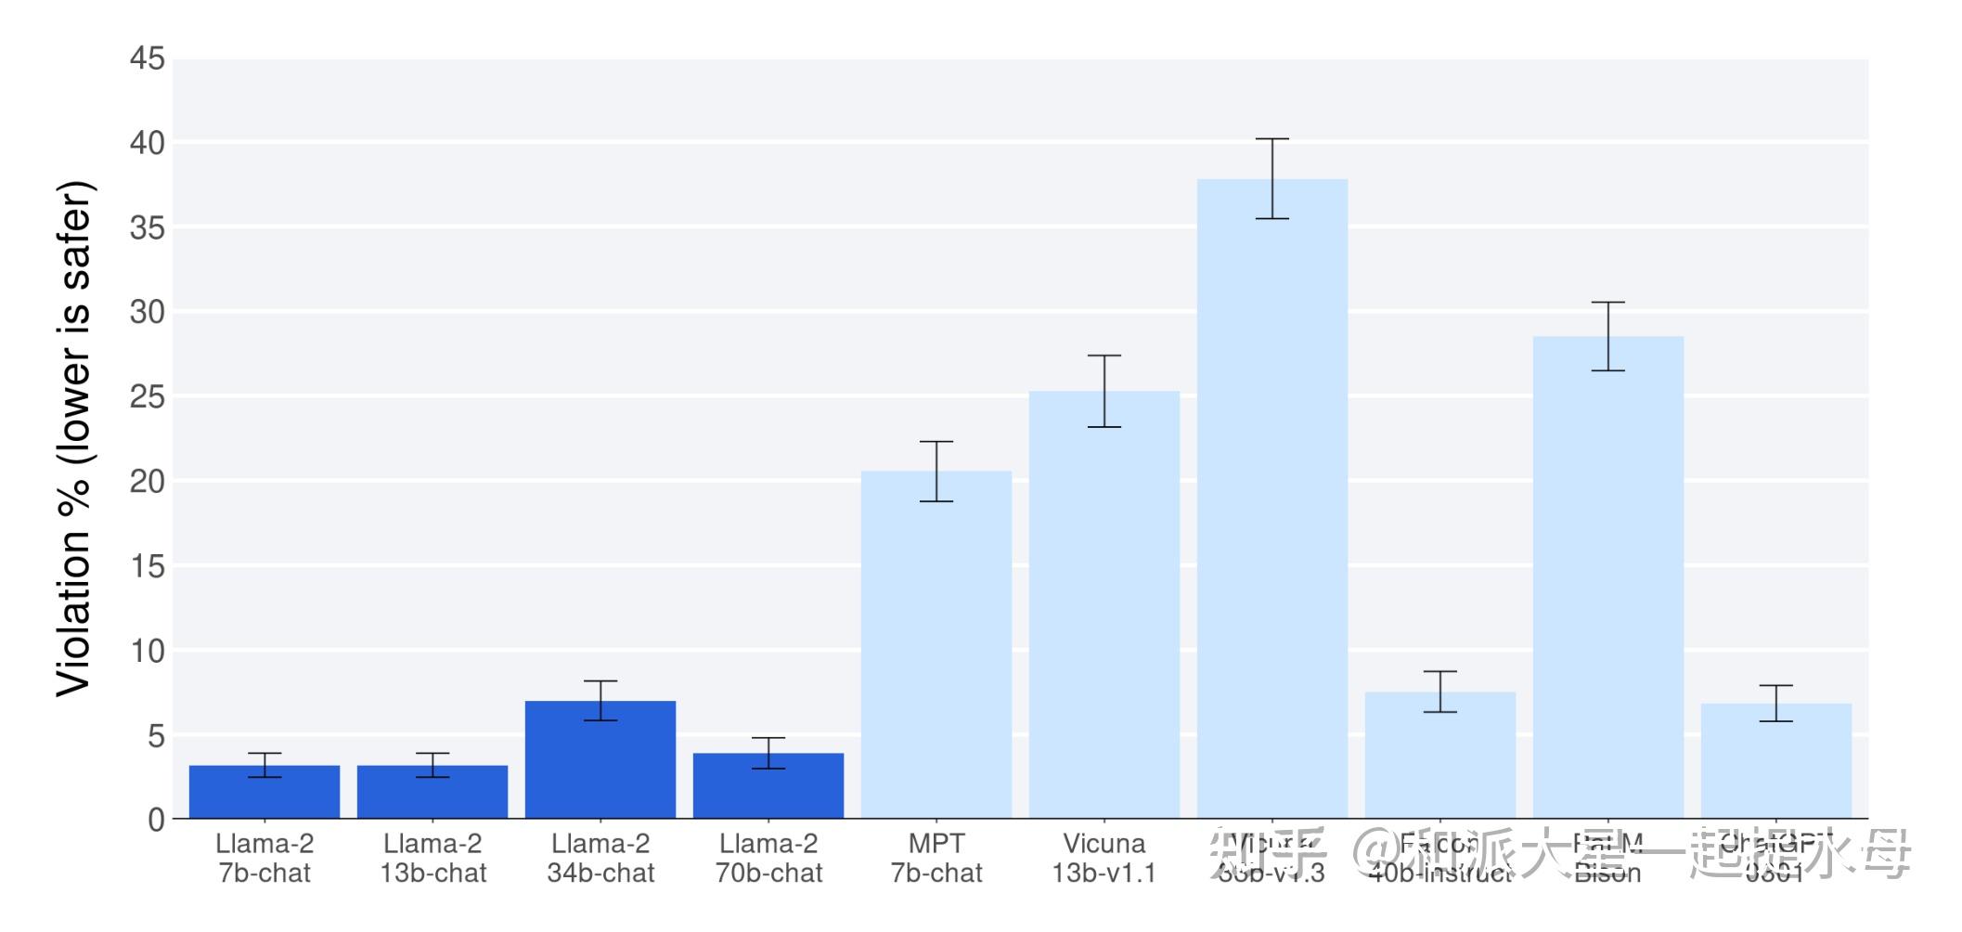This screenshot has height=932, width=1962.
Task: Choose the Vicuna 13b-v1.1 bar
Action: [1104, 604]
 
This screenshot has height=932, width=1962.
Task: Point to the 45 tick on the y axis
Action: [147, 59]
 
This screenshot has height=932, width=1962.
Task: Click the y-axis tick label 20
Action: [147, 482]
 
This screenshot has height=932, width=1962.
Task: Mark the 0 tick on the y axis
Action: [156, 820]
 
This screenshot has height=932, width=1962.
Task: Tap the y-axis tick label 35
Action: [147, 228]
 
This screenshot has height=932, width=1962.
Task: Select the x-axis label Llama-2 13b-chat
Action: [432, 858]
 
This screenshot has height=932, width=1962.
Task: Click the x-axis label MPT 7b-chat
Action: [936, 858]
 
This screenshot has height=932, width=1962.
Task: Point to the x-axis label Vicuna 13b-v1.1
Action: [1104, 858]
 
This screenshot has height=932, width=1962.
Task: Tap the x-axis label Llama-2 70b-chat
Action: [768, 858]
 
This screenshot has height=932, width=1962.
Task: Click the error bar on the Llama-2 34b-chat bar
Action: [600, 701]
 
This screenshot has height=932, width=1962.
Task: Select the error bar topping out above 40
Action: [1272, 178]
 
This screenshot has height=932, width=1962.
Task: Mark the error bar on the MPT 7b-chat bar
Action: [936, 472]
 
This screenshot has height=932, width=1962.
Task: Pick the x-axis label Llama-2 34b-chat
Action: [600, 858]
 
